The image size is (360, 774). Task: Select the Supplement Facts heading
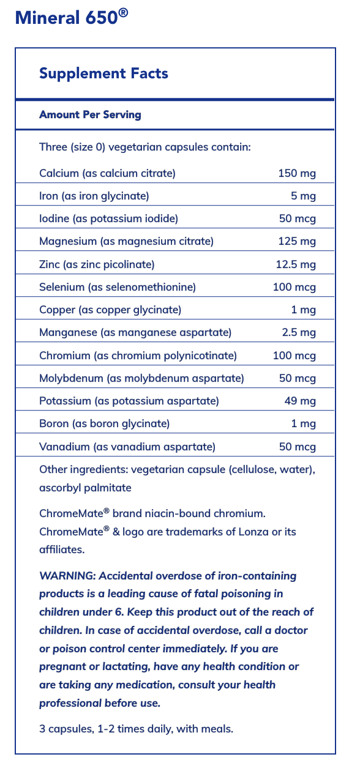coord(103,74)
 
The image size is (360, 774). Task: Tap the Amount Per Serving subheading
coord(90,114)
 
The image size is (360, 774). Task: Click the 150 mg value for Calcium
coord(297,173)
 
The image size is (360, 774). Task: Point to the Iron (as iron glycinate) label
coord(94,196)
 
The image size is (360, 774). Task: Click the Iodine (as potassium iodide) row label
coord(108,218)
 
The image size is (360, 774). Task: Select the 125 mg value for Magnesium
coord(297,241)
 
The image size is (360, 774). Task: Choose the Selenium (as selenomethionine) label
coord(117,287)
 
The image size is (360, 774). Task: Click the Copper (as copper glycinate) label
coord(110,310)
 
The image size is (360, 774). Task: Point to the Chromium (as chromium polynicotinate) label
coord(138,355)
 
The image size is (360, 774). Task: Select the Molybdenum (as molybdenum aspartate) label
coord(141,378)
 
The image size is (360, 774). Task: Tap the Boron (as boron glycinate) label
coord(104,423)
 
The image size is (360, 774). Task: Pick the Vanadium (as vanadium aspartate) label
coord(127,447)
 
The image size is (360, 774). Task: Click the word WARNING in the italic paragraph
coord(67,576)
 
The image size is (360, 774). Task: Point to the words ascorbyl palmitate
coord(85,488)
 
